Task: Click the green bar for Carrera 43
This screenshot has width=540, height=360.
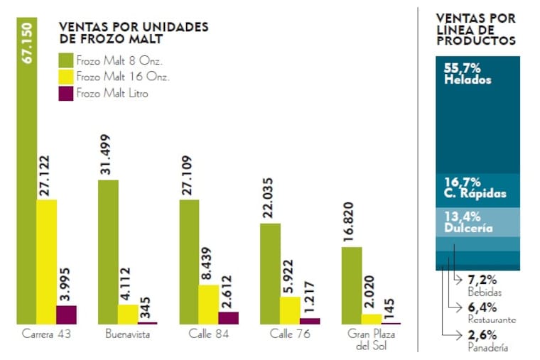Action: click(x=27, y=178)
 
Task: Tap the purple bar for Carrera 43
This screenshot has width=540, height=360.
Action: click(x=67, y=315)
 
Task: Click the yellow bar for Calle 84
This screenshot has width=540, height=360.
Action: click(x=209, y=304)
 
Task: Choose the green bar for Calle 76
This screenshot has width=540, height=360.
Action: click(x=270, y=273)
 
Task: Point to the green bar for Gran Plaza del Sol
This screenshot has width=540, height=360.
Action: click(x=352, y=285)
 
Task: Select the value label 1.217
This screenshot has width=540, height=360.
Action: click(x=310, y=299)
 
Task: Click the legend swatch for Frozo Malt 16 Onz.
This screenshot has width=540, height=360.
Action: click(x=66, y=76)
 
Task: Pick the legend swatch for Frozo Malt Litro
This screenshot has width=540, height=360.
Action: click(x=66, y=93)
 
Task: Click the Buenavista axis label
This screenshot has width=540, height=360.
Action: click(x=127, y=334)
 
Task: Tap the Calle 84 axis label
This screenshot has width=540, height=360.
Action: click(x=209, y=334)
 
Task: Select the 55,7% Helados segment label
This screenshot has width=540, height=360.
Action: click(x=468, y=74)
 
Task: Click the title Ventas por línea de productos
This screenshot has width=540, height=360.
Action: click(x=475, y=29)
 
